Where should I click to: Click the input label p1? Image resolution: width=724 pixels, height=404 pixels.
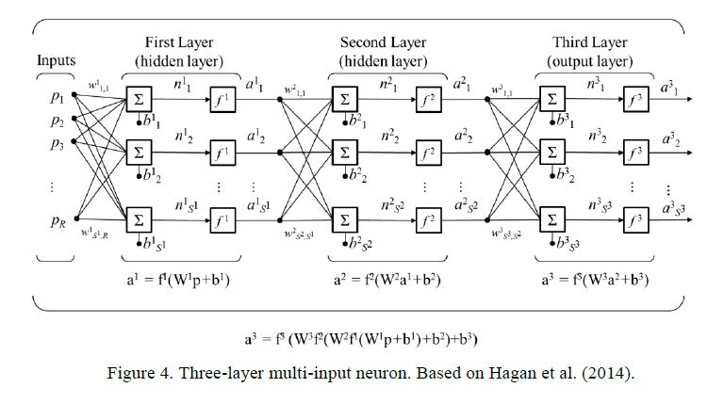point(58,99)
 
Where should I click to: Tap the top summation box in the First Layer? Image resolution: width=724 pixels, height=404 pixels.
point(139,98)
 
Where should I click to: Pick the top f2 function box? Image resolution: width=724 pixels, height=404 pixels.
point(429,98)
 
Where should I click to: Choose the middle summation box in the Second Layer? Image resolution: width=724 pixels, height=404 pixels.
point(344,151)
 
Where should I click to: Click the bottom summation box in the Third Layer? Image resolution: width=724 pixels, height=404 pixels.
point(551,220)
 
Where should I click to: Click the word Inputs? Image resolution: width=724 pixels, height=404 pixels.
point(57,60)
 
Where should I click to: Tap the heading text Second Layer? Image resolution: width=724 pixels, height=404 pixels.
point(386,43)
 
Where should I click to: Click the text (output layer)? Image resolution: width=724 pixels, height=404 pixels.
point(590,60)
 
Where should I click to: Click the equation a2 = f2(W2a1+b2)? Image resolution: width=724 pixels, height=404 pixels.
point(387,280)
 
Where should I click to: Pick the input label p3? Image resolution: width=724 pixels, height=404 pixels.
point(58,144)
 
